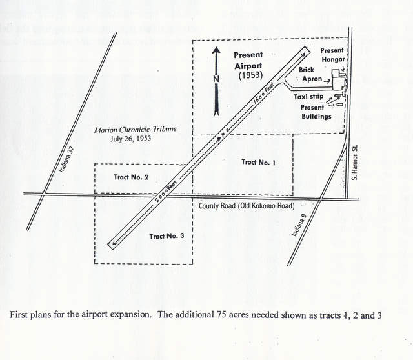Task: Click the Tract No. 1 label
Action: [258, 163]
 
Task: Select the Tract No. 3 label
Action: [166, 236]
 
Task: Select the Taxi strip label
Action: [308, 96]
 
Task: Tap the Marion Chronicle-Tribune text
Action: [135, 130]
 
